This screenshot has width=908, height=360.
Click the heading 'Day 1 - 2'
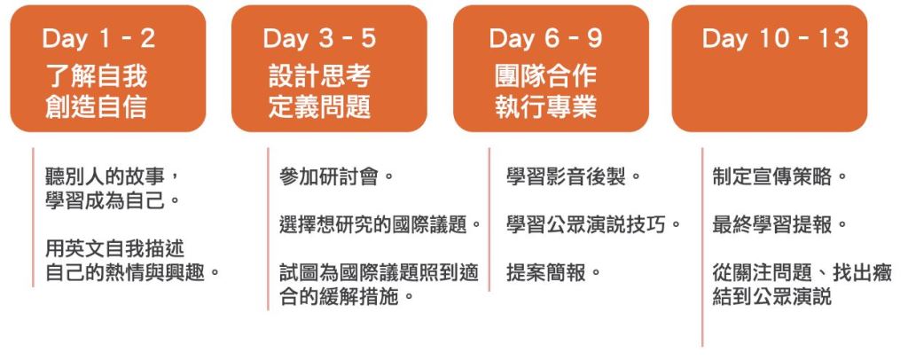pos(99,39)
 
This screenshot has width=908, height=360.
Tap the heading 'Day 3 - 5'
pos(319,39)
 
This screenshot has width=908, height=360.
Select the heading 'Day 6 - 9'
pos(545,39)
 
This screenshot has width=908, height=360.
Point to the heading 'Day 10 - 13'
pos(775,39)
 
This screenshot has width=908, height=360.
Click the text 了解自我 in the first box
pos(97,76)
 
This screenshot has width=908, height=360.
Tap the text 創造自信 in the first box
pos(97,106)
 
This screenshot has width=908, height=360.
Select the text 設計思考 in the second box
pos(319,76)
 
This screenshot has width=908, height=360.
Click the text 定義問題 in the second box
pos(319,106)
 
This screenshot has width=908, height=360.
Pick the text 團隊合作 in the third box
pos(545,76)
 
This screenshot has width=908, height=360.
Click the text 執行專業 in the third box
pos(545,106)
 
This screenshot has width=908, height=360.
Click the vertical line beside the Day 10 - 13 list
pos(702,247)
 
